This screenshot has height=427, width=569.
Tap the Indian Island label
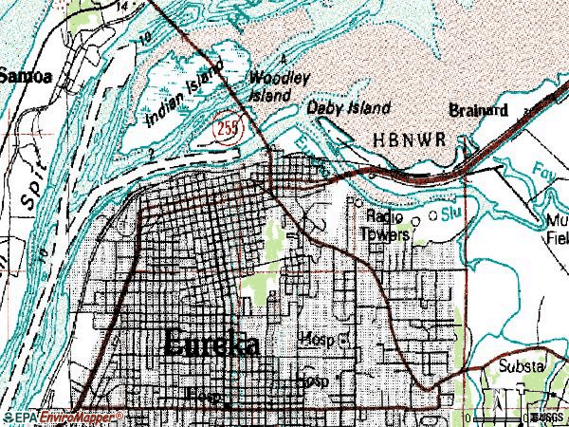coord(186,92)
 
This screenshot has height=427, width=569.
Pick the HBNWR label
coord(400,139)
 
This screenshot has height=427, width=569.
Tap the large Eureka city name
coord(212,344)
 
